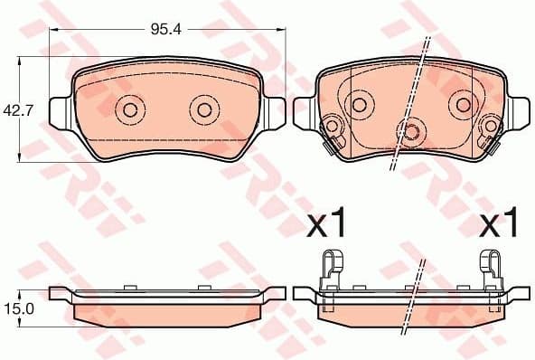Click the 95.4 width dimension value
tap(165, 29)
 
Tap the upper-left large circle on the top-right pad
tap(359, 103)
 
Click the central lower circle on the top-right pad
tap(411, 131)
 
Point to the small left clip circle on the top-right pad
tap(332, 126)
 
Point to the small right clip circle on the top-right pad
tap(491, 126)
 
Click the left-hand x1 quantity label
tap(327, 223)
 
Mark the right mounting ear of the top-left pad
tap(277, 111)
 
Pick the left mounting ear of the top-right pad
tap(304, 110)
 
